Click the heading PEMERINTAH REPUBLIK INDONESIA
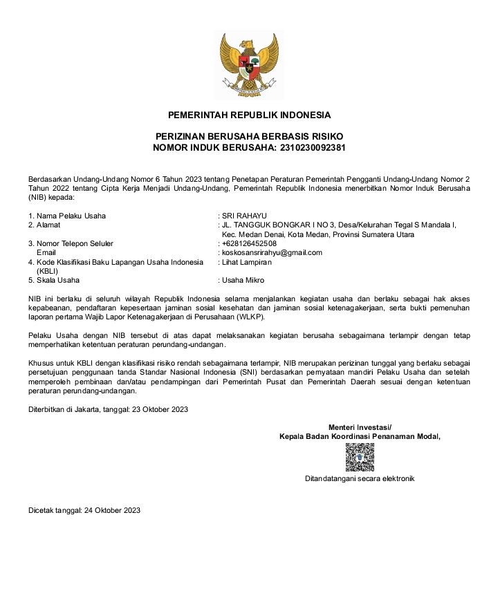coord(249,115)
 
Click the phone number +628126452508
coord(249,243)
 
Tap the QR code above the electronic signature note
coord(360,457)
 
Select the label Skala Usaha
coord(58,280)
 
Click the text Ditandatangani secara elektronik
coord(360,478)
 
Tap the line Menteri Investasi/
coord(360,427)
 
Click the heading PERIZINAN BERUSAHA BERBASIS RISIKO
coord(249,137)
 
